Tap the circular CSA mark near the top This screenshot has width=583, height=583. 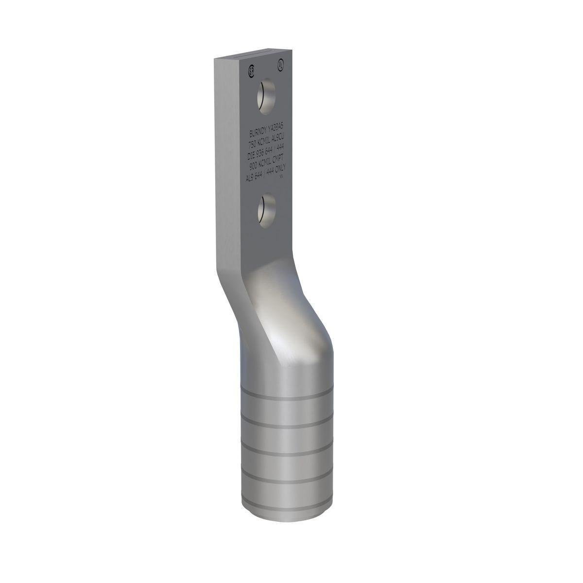tap(251, 69)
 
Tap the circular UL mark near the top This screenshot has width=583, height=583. tap(280, 63)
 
